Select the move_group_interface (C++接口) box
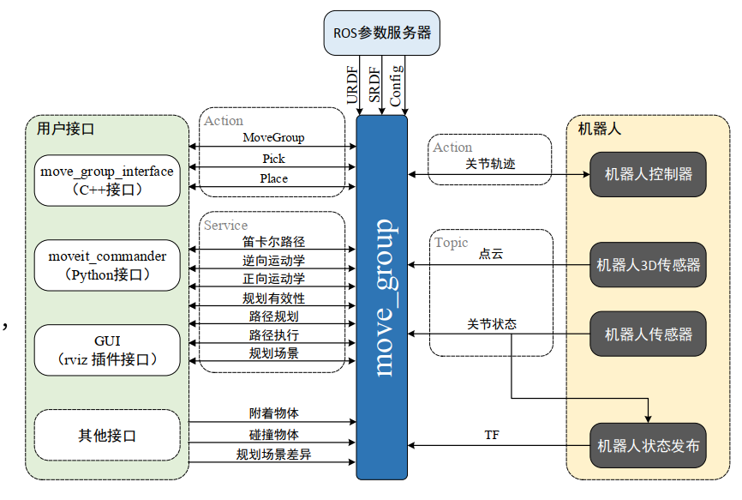pos(107,180)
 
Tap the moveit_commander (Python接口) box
pos(107,265)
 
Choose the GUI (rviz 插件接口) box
pos(107,349)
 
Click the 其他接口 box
pos(107,436)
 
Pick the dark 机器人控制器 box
pos(649,174)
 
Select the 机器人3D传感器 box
pos(649,265)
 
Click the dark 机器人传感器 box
pos(649,334)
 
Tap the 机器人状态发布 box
pos(649,446)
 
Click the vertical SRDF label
pos(374,86)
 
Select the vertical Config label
pos(396,85)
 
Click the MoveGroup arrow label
pos(273,137)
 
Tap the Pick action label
pos(273,159)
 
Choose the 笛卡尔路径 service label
pos(273,242)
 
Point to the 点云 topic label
pos(490,255)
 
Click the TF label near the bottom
pos(492,435)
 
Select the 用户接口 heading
pos(65,130)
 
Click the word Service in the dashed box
pos(225,225)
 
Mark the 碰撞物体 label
pos(273,434)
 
